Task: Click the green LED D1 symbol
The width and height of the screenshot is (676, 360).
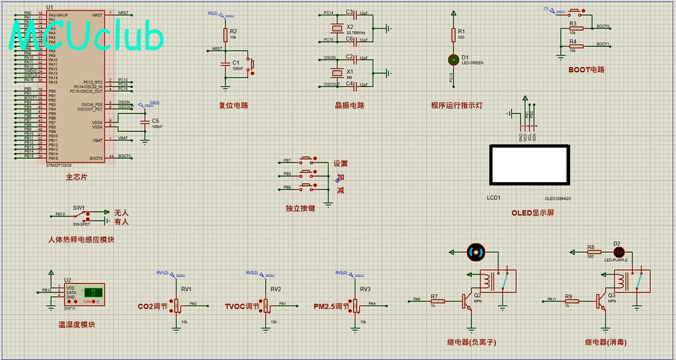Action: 453,59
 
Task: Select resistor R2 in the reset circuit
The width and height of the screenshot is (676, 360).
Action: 225,34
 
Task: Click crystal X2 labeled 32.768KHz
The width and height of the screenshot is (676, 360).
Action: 335,28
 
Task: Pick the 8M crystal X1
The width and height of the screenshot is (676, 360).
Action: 335,71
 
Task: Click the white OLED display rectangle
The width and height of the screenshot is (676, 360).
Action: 530,164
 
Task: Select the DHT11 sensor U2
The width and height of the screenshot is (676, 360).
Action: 87,294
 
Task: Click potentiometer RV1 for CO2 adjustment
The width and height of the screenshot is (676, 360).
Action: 176,304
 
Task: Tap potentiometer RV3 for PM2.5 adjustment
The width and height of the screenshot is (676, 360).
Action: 354,304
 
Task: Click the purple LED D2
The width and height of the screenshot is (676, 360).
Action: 617,252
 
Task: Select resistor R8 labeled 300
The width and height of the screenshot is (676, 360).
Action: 590,252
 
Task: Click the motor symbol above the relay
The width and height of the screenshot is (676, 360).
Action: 476,252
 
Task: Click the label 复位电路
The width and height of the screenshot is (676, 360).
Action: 234,105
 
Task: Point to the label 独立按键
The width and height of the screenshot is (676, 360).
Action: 300,208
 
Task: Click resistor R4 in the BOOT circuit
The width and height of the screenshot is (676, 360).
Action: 575,46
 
